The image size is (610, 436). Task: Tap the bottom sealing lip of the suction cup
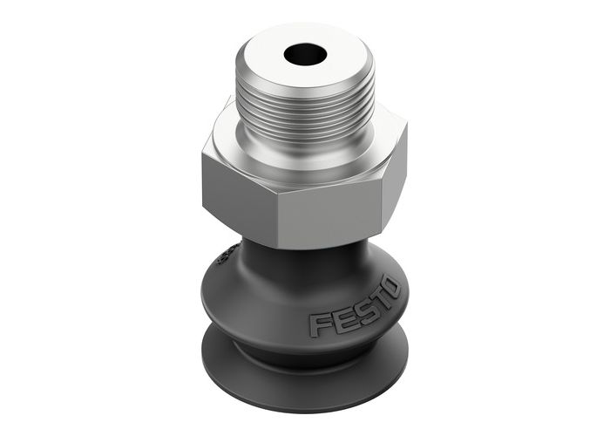pyautogui.click(x=305, y=375)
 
